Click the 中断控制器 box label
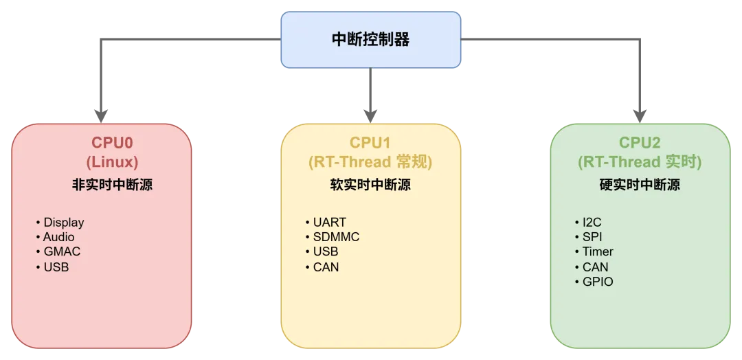[x=370, y=41]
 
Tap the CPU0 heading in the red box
[x=112, y=142]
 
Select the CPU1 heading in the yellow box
[x=370, y=142]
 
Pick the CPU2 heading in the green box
[x=640, y=142]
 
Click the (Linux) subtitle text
[x=112, y=162]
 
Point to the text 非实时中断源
[x=112, y=185]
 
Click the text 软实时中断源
[x=370, y=185]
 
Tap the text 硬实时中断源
[x=640, y=185]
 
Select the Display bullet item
[x=64, y=223]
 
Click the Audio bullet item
[x=58, y=237]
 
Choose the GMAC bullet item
[x=62, y=251]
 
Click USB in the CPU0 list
[x=56, y=267]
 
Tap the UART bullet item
[x=329, y=223]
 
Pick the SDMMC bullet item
[x=336, y=237]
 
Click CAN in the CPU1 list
[x=326, y=267]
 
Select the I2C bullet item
[x=592, y=223]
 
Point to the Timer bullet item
[x=598, y=251]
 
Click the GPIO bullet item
[x=598, y=282]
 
